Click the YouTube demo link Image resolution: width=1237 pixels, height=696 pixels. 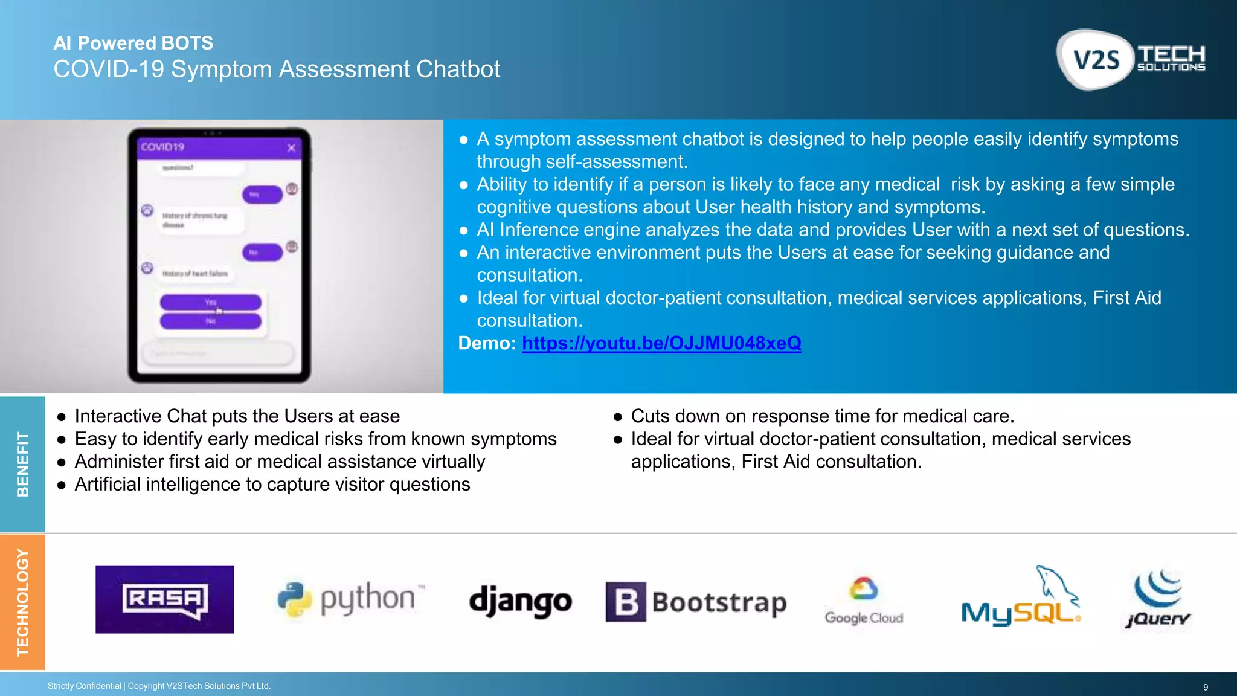click(x=661, y=343)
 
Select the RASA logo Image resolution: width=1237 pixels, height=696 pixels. click(x=164, y=599)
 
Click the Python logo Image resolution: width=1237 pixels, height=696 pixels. click(x=350, y=599)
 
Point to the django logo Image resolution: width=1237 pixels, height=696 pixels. click(x=520, y=601)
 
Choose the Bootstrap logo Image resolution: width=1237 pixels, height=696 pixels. click(x=696, y=602)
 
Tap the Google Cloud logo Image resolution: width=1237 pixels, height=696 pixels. click(x=864, y=601)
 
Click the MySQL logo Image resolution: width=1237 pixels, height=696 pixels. click(x=1021, y=598)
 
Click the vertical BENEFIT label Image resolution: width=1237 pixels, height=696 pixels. click(x=22, y=464)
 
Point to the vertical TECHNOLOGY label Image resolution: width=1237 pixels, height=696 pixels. click(x=22, y=602)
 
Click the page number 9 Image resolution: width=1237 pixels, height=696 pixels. click(x=1205, y=687)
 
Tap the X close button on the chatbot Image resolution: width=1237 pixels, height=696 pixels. click(x=291, y=147)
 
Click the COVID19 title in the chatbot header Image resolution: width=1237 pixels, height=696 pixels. click(x=162, y=147)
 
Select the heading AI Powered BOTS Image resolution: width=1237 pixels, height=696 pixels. click(x=133, y=43)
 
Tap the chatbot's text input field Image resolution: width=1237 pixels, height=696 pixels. click(x=217, y=353)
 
